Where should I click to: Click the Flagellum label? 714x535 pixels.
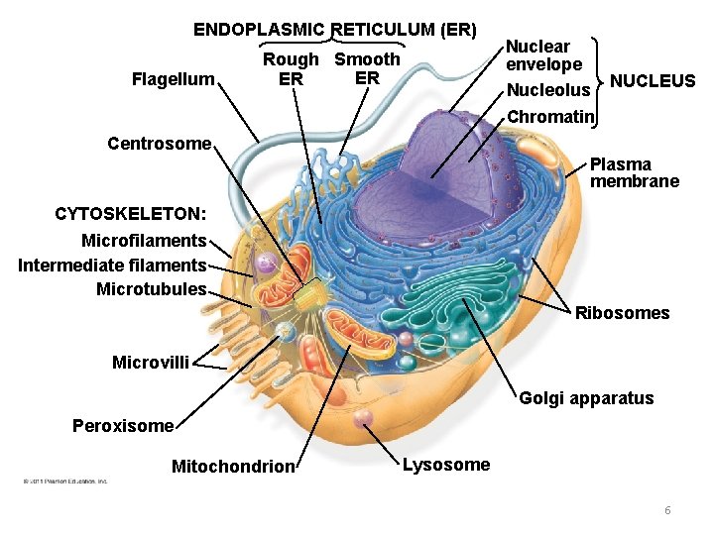(x=173, y=78)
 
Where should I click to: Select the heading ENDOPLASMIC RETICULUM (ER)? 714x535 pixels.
(x=334, y=29)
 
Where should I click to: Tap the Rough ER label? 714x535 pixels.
(x=291, y=69)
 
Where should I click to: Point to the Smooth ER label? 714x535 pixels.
(x=367, y=68)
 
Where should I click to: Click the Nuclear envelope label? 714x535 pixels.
(x=543, y=55)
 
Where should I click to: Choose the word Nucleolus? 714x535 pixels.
(x=548, y=91)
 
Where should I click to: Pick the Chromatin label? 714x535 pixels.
(x=549, y=117)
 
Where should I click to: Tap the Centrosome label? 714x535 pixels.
(x=159, y=144)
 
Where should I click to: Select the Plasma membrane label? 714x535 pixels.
(x=635, y=172)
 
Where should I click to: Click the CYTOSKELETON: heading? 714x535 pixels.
(x=131, y=214)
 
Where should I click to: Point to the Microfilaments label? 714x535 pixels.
(x=144, y=241)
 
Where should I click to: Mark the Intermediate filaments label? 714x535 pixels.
(x=112, y=266)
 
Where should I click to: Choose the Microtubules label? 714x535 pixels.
(x=151, y=289)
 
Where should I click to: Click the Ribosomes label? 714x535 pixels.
(x=622, y=313)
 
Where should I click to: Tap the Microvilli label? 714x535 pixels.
(x=151, y=363)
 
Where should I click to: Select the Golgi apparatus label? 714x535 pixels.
(x=586, y=398)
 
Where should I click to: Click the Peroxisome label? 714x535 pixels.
(x=123, y=426)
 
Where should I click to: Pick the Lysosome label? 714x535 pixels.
(x=446, y=465)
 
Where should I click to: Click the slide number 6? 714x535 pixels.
(x=667, y=510)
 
